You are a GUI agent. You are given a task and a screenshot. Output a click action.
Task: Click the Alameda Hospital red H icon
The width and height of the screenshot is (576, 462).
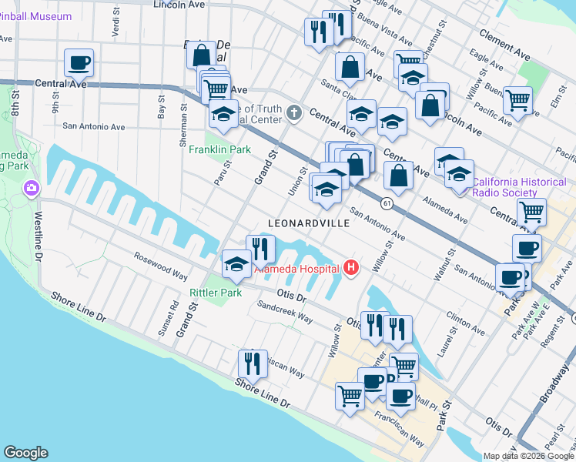(351, 268)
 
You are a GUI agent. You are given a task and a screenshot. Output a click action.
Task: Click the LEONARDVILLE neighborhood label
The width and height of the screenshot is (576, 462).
(308, 223)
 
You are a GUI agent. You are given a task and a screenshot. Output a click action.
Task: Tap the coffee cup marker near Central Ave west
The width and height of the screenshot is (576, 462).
(78, 62)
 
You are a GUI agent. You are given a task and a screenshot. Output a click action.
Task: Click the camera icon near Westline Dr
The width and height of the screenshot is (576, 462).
(32, 188)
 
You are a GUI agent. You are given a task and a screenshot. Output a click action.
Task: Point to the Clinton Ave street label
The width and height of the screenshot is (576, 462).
(464, 323)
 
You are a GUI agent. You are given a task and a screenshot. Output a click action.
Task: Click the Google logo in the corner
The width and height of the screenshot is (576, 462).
(25, 453)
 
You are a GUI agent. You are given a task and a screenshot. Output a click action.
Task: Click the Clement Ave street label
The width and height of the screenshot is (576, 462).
(504, 45)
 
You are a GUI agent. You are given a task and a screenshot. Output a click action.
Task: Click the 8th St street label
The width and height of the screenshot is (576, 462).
(14, 101)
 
